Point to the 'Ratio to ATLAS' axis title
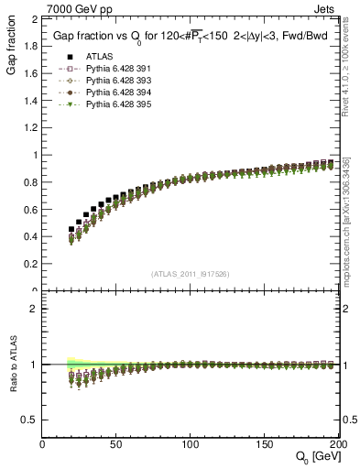tap(12, 367)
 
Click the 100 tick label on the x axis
tap(191, 445)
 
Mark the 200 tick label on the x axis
tap(334, 445)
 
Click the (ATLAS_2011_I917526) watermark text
tap(190, 274)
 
